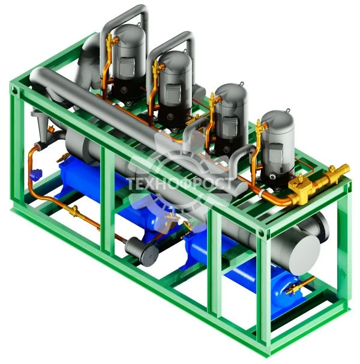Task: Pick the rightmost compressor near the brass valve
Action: click(277, 141)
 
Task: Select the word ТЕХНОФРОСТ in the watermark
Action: click(180, 182)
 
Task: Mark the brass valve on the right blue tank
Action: click(295, 290)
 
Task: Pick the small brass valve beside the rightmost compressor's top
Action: click(259, 127)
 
